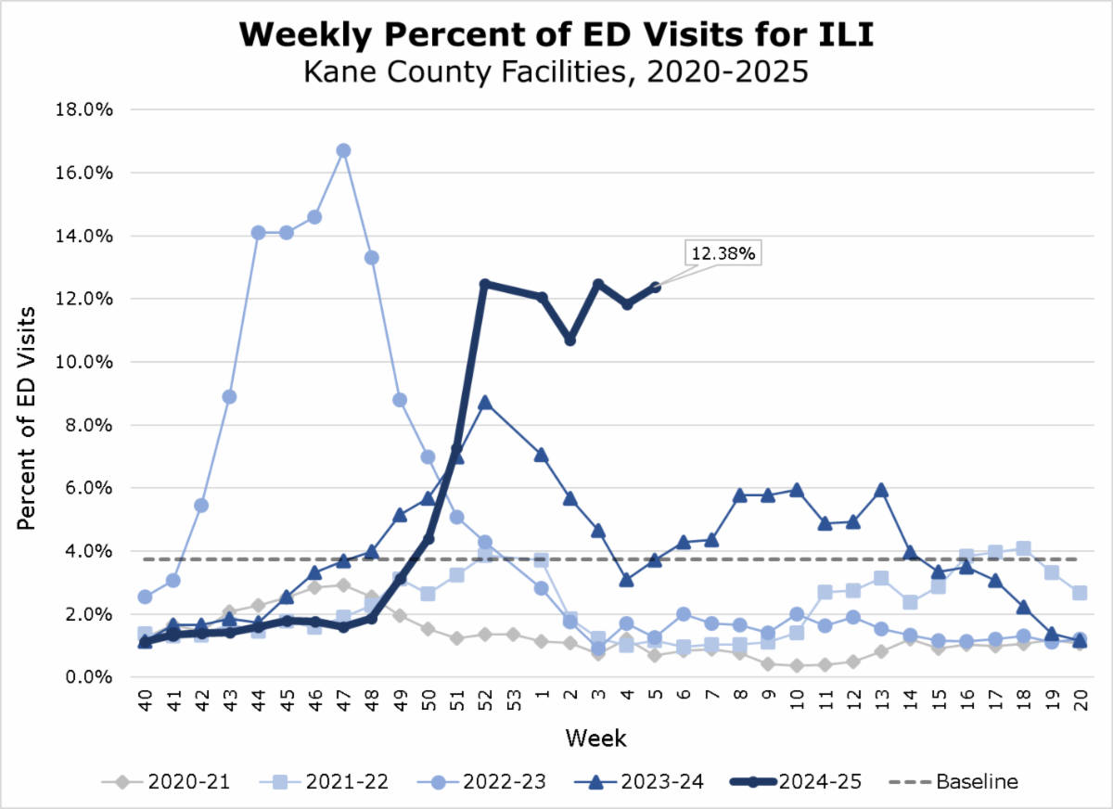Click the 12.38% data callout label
tap(723, 252)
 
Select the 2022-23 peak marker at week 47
tap(343, 150)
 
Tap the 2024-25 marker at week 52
tap(484, 284)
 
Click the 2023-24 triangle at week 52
tap(484, 403)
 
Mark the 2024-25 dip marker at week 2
tap(570, 340)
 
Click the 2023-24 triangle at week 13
tap(881, 490)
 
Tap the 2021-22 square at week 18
tap(1023, 548)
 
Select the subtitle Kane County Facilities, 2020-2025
tap(556, 71)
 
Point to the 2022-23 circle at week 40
tap(145, 597)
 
